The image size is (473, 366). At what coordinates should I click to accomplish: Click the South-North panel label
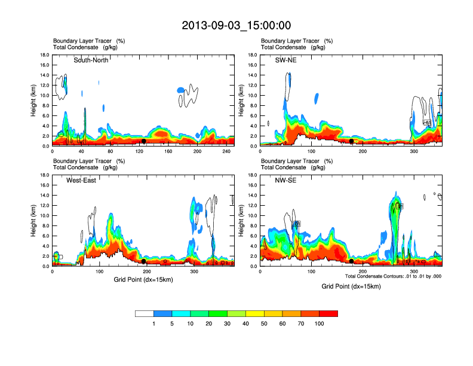[x=91, y=60]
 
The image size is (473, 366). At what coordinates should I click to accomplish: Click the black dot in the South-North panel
[x=143, y=141]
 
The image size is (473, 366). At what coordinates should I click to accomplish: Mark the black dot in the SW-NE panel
[x=352, y=141]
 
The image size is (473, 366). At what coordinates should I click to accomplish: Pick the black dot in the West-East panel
[x=144, y=261]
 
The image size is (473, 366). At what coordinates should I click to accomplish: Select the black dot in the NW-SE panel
[x=352, y=261]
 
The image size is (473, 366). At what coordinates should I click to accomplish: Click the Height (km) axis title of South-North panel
[x=34, y=100]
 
